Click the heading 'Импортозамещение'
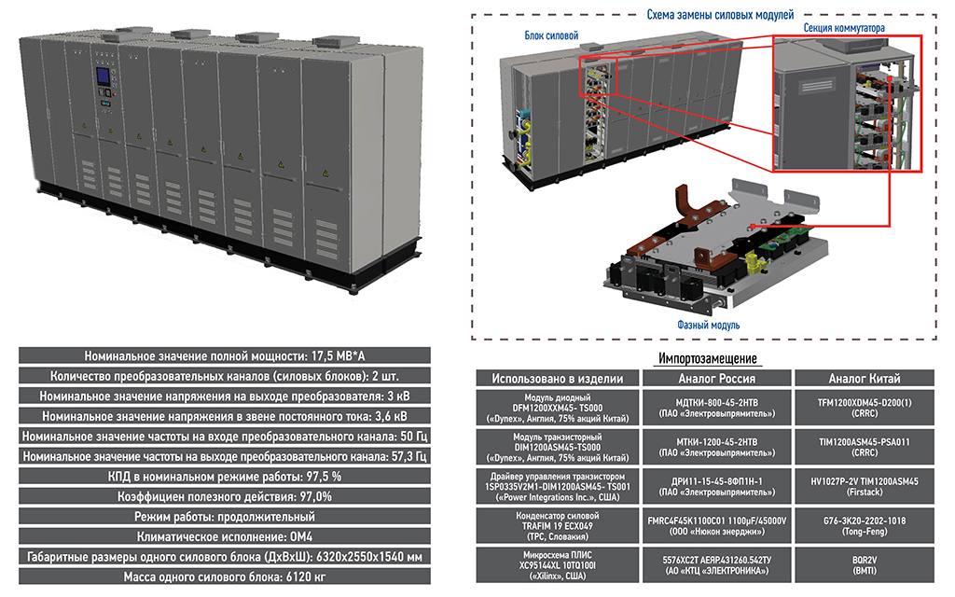(x=707, y=358)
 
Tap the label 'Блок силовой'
(x=552, y=35)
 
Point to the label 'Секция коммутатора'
(x=844, y=29)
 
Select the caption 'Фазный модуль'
(x=708, y=325)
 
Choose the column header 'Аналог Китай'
(x=865, y=379)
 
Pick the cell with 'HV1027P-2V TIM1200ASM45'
(x=865, y=486)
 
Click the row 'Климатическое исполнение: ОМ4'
(x=224, y=537)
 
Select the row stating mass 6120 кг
(x=224, y=576)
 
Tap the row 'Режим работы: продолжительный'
(x=224, y=517)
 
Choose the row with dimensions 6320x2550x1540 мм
(x=224, y=557)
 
